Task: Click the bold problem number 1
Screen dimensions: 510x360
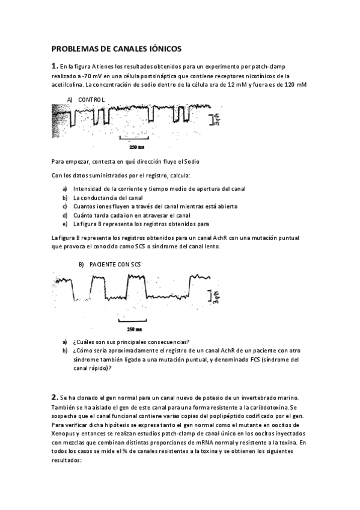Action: click(x=54, y=66)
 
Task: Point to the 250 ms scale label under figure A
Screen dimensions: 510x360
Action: click(x=136, y=147)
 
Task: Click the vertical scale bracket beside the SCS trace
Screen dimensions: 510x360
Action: click(x=211, y=295)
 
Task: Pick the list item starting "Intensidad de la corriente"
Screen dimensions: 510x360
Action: click(x=159, y=188)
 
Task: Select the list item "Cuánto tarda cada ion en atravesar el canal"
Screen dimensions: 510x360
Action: click(x=132, y=215)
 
